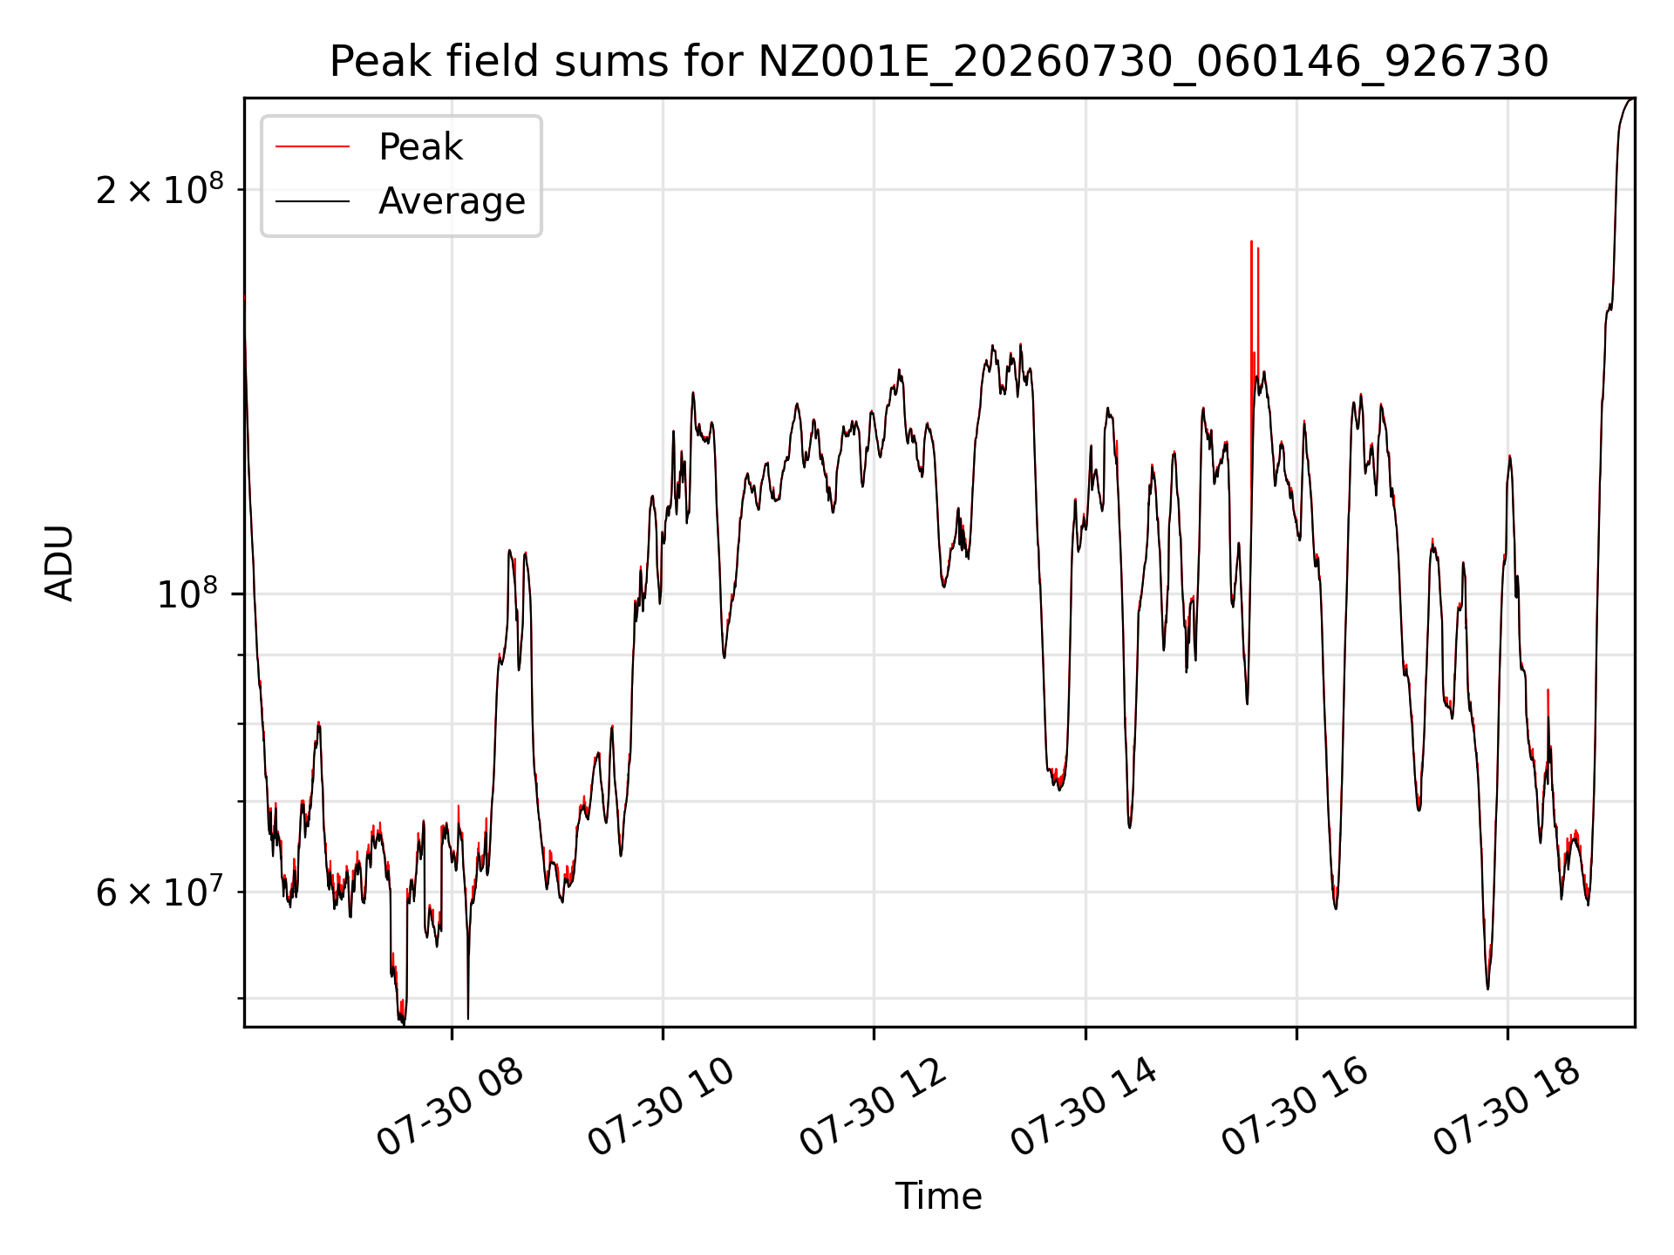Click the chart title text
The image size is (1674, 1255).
point(939,62)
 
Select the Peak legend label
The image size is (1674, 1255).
point(420,147)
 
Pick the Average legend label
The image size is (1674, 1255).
point(452,201)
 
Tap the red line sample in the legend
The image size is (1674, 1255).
point(312,147)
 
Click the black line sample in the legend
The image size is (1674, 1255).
point(312,201)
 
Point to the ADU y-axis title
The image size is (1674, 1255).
point(59,563)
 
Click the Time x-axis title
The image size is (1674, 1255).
point(939,1197)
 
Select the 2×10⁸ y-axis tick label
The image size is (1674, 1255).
point(160,188)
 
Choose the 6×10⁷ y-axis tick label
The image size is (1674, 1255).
point(160,892)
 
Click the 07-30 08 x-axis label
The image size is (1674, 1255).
point(451,1108)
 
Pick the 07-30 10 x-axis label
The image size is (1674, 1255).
point(662,1108)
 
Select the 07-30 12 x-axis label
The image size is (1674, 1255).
point(874,1108)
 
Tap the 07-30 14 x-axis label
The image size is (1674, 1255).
point(1085,1108)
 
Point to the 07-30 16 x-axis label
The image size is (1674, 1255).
point(1296,1108)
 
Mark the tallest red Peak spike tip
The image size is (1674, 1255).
point(1251,241)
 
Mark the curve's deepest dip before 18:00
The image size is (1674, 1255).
point(403,1024)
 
